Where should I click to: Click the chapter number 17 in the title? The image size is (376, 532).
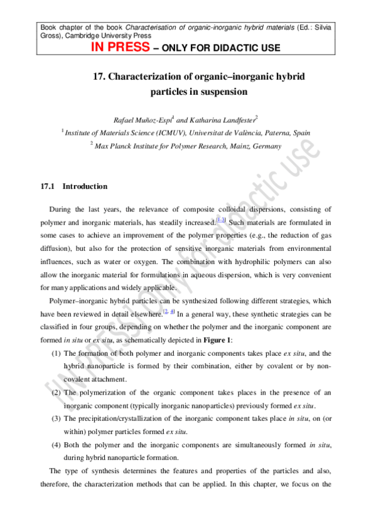click(99, 77)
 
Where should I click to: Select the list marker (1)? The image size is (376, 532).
click(56, 353)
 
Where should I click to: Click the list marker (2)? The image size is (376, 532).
click(56, 393)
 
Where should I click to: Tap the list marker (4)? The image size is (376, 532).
click(56, 445)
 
